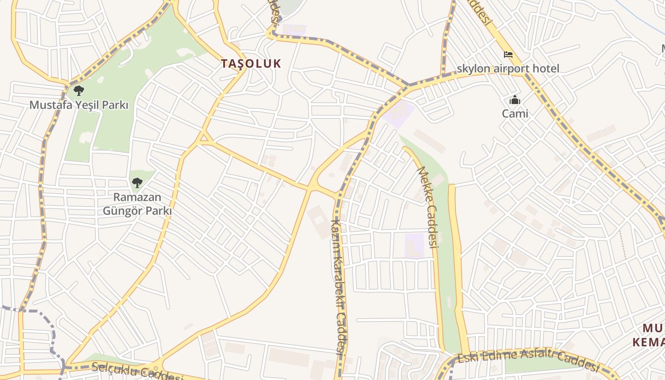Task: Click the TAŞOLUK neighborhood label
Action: pos(251,64)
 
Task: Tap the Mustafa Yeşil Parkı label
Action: pos(79,105)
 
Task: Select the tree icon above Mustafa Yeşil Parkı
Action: pos(79,90)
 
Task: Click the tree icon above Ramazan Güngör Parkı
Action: pos(137,182)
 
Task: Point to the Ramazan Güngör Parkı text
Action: pos(137,204)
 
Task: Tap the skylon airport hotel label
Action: pos(508,68)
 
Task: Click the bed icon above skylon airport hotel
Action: pos(508,55)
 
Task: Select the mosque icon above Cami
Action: pos(515,100)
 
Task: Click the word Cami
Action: pos(515,114)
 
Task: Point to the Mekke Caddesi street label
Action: pos(427,207)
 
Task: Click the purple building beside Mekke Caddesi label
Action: pos(414,246)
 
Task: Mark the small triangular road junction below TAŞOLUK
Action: pos(205,138)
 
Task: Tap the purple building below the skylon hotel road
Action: pos(399,113)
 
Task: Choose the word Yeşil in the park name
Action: pos(87,105)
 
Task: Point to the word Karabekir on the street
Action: pos(338,275)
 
